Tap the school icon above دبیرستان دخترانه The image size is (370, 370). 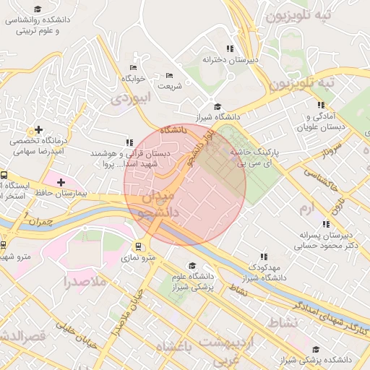click(230, 48)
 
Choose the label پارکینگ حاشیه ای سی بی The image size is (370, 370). click(254, 159)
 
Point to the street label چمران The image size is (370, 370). click(38, 223)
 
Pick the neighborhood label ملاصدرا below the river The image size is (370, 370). click(85, 280)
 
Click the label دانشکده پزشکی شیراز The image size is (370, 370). click(317, 359)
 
